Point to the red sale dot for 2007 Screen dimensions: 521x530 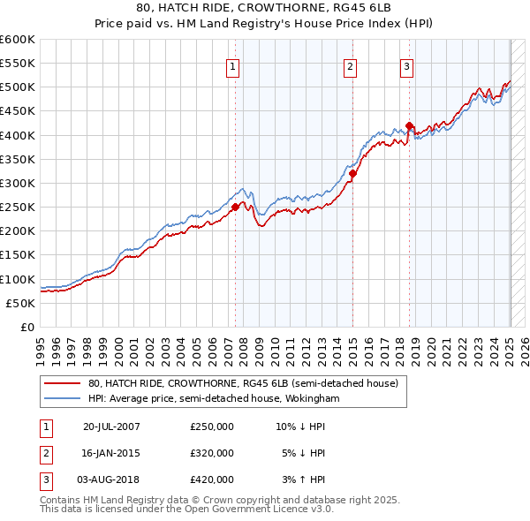pyautogui.click(x=236, y=208)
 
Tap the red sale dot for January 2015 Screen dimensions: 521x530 pyautogui.click(x=352, y=174)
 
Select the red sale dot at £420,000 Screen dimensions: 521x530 pyautogui.click(x=410, y=125)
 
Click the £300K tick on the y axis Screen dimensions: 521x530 pyautogui.click(x=18, y=183)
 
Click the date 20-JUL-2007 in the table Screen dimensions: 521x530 pyautogui.click(x=111, y=427)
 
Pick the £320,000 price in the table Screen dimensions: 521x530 pyautogui.click(x=212, y=453)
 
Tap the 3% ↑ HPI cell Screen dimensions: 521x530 pyautogui.click(x=306, y=479)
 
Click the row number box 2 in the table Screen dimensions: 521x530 pyautogui.click(x=43, y=453)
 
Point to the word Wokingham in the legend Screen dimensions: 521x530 pyautogui.click(x=314, y=398)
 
